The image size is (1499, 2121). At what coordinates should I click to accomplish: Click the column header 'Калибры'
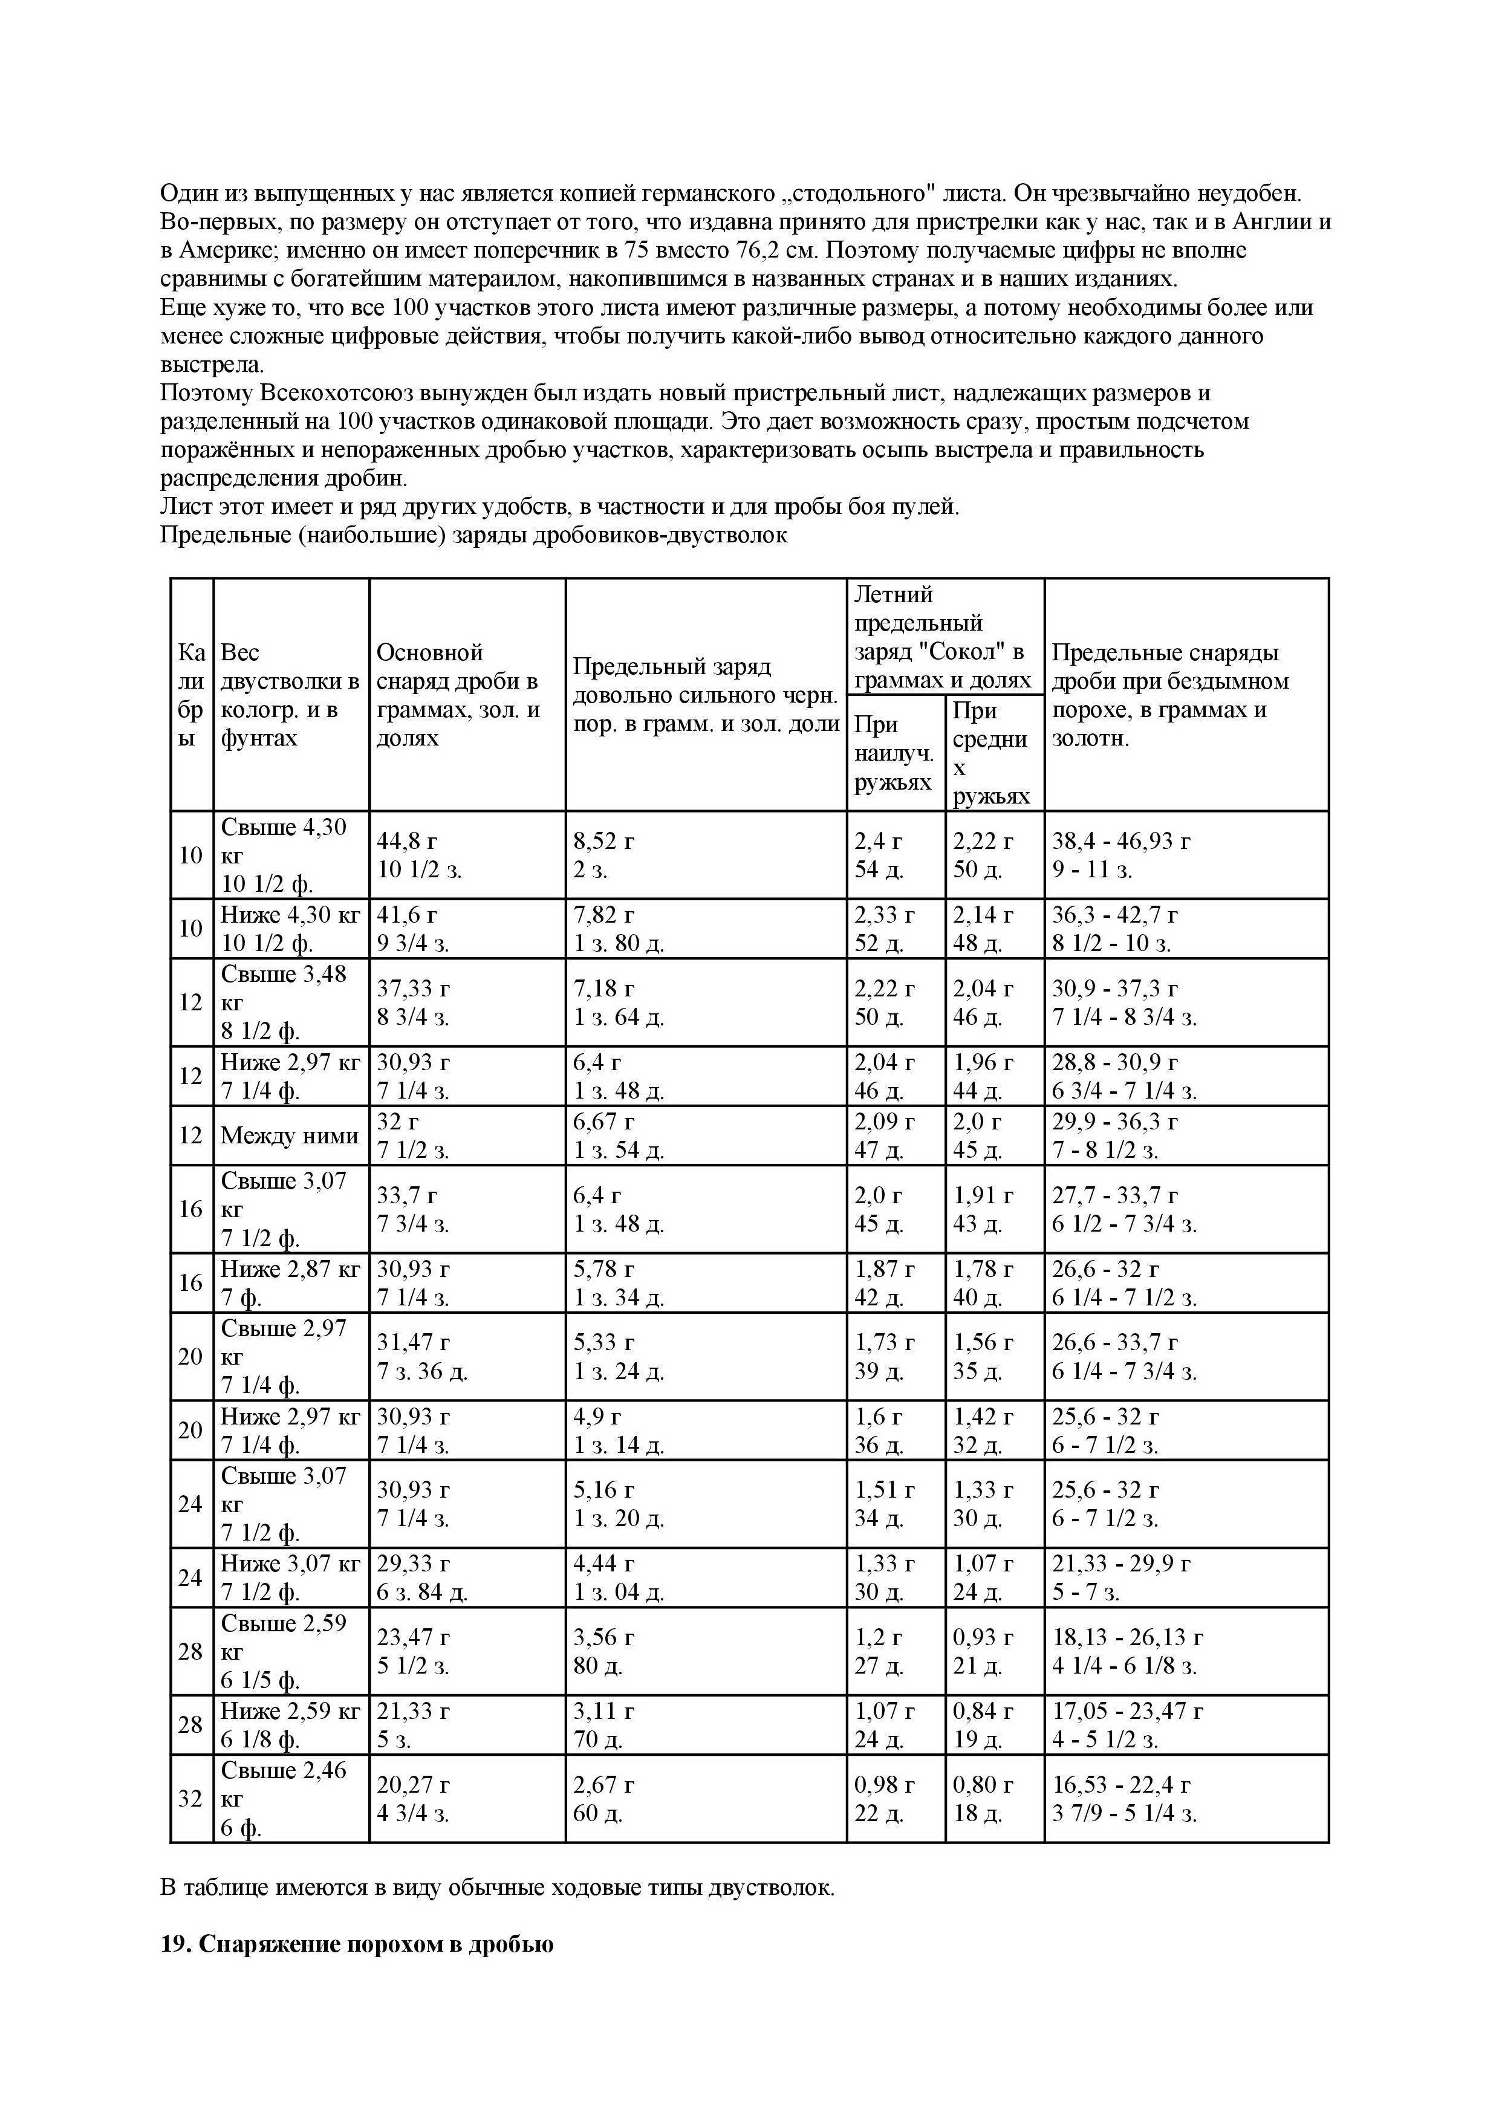coord(191,695)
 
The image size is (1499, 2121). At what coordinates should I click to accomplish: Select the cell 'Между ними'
coord(289,1135)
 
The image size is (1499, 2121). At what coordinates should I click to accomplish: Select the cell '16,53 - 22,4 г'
coord(1121,1798)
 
